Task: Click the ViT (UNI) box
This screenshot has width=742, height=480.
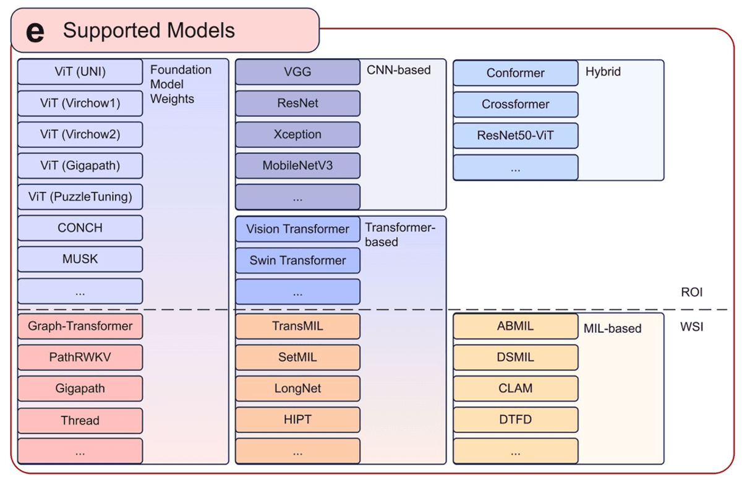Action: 80,72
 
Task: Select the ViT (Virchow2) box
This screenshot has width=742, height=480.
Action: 80,134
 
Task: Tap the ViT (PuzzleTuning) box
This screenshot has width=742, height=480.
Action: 80,197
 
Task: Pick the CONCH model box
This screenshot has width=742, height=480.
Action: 80,228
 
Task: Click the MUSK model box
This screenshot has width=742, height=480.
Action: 80,259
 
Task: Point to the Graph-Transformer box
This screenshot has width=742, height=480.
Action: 80,326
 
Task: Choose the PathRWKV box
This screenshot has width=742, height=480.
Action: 80,357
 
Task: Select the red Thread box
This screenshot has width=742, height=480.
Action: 80,420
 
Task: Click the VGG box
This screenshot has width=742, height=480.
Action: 297,72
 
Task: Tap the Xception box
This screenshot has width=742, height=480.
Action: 297,134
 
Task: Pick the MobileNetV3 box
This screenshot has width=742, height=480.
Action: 297,165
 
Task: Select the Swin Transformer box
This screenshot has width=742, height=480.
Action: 297,260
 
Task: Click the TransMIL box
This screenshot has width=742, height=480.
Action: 297,326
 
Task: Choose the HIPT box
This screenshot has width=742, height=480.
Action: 297,419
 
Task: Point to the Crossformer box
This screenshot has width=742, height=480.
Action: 515,104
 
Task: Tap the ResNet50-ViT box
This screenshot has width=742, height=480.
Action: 515,135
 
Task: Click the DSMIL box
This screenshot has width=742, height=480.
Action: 515,357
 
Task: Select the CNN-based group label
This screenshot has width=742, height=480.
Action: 398,70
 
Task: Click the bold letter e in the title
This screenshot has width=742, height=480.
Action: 35,32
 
